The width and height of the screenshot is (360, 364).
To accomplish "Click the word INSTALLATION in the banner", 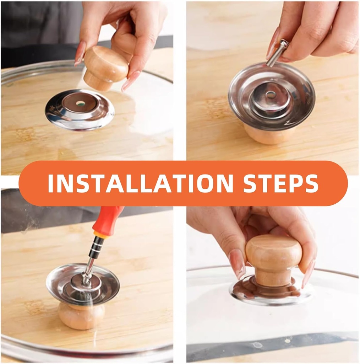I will (x=140, y=183).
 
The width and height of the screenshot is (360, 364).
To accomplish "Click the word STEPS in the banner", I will (x=280, y=183).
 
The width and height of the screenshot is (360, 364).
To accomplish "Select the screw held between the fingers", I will (x=278, y=53).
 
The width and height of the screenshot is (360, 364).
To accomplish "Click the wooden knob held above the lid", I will (x=105, y=68).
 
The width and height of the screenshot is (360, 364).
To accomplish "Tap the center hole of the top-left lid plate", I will (x=80, y=103).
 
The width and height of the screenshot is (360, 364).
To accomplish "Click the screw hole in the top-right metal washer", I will (x=271, y=95).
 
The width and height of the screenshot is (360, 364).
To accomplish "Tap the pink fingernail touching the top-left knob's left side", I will (x=80, y=53).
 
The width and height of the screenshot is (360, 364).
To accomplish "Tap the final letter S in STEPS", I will (x=311, y=183).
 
